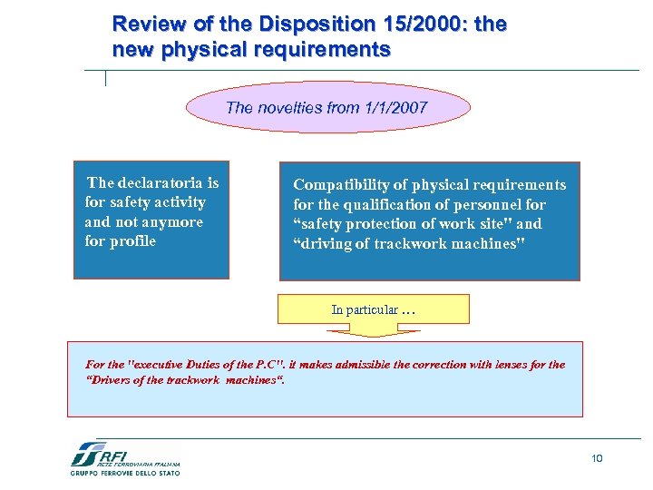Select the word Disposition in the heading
(x=304, y=24)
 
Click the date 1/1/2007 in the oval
(x=394, y=108)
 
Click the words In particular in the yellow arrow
(x=365, y=309)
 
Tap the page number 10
(x=597, y=458)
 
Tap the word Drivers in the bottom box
(x=112, y=380)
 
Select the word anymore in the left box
(x=176, y=222)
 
